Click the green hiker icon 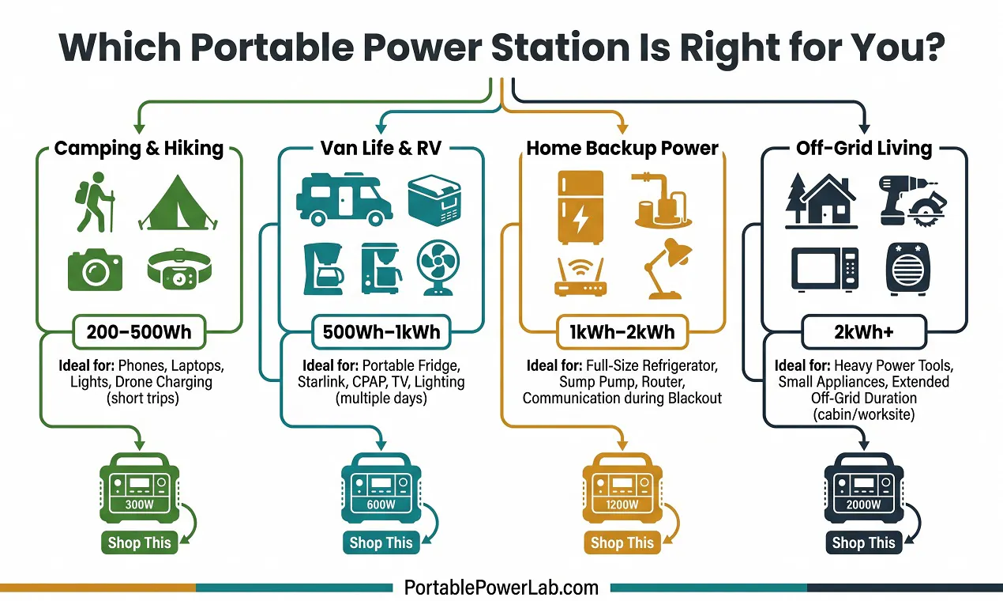[95, 202]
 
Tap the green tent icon [178, 202]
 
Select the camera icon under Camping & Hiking [95, 270]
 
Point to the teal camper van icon [344, 199]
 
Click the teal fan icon [438, 268]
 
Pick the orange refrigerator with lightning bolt [580, 207]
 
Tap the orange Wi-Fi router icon [580, 277]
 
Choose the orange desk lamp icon [667, 269]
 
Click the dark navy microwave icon [825, 269]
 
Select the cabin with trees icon [821, 201]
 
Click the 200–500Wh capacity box [139, 332]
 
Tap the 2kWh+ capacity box [864, 332]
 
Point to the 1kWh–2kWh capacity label [622, 332]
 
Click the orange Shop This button [622, 542]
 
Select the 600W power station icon [381, 488]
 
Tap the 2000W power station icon [864, 488]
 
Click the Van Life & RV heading [381, 148]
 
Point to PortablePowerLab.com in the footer [501, 588]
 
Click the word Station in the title [561, 47]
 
